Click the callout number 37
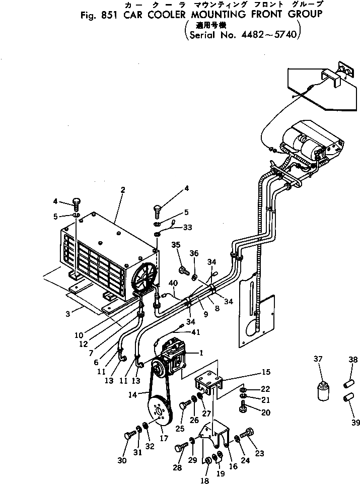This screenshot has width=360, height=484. pyautogui.click(x=318, y=359)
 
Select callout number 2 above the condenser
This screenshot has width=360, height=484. pyautogui.click(x=122, y=190)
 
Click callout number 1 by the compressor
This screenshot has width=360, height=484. pyautogui.click(x=201, y=353)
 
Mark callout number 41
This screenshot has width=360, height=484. pyautogui.click(x=195, y=332)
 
